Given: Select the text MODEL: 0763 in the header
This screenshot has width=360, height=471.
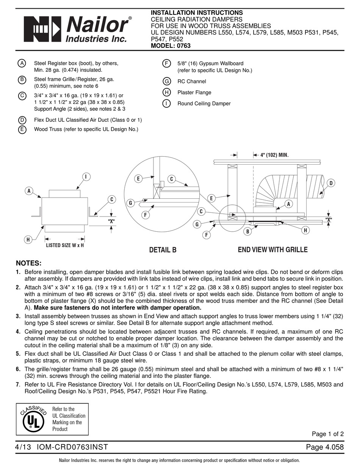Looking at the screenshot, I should coord(171,46).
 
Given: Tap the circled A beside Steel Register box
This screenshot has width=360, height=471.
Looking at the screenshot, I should coord(22,63).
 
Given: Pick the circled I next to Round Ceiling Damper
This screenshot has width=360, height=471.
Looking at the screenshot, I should coord(166,104).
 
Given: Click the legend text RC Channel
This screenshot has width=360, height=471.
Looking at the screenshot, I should coord(192,82).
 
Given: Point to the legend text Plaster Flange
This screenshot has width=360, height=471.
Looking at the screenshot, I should coord(194,93).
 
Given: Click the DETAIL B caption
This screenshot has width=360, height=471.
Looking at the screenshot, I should coord(163,250).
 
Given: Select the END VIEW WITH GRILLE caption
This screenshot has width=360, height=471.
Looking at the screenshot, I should coord(272,250).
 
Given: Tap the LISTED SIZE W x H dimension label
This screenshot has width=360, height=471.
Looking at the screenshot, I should coord(65,245).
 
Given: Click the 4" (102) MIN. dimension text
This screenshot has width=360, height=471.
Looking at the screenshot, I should coord(274,155).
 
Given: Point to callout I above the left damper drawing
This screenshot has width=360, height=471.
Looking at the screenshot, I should coord(86,176).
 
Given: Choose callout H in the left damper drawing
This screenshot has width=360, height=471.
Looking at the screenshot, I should coord(28,239).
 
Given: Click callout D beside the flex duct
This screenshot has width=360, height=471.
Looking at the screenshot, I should coord(330,184).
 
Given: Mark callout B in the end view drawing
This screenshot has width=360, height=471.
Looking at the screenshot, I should coord(247,231).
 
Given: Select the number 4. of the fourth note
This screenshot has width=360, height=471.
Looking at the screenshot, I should coord(18,331).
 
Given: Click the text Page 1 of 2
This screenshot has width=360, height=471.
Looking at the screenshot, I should coord(327,434).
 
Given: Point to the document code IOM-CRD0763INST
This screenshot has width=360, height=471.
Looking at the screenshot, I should coord(72,447).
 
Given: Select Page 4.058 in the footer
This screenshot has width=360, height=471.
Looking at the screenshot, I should coord(325,447).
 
